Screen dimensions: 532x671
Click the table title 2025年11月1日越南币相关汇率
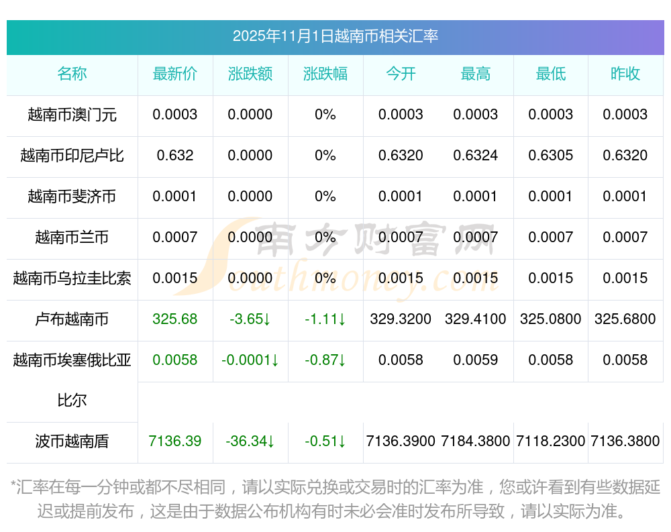click(335, 36)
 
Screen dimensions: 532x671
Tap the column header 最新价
click(175, 74)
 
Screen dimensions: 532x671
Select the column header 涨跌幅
click(325, 74)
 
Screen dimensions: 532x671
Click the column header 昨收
click(625, 74)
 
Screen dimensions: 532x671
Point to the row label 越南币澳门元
click(72, 115)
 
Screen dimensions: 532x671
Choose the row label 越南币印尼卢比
click(72, 156)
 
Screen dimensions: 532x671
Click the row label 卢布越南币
click(72, 319)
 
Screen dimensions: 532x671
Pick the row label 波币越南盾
click(72, 441)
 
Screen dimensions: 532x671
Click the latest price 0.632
click(175, 156)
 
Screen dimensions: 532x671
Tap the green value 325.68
click(175, 319)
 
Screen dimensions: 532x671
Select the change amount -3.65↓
click(250, 319)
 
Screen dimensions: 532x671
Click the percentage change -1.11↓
click(325, 319)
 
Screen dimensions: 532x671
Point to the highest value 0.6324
click(476, 156)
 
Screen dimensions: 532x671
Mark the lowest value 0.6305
click(551, 156)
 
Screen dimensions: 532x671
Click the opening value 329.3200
click(401, 319)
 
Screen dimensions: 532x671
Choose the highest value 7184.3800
click(476, 441)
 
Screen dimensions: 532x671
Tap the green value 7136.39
click(175, 441)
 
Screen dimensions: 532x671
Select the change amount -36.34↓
click(250, 441)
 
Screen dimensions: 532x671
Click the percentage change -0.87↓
click(325, 360)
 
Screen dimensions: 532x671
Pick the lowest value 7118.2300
click(551, 441)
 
